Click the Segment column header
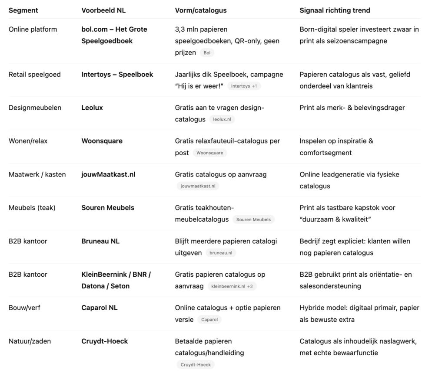(x=23, y=10)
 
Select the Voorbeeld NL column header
(x=103, y=10)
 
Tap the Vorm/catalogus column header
(x=201, y=10)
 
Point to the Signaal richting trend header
(x=335, y=10)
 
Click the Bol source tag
(x=207, y=53)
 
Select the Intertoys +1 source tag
(x=244, y=86)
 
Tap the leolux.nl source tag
(x=225, y=120)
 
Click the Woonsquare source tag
(x=209, y=153)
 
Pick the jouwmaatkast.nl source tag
(x=198, y=186)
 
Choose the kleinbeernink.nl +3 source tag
(x=232, y=286)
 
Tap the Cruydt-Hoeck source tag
(x=195, y=365)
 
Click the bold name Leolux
(x=92, y=108)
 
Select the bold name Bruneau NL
(x=100, y=241)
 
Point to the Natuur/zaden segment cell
(x=30, y=341)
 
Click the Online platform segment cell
(x=33, y=29)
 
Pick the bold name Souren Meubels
(x=108, y=208)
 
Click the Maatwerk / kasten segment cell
(x=37, y=174)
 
